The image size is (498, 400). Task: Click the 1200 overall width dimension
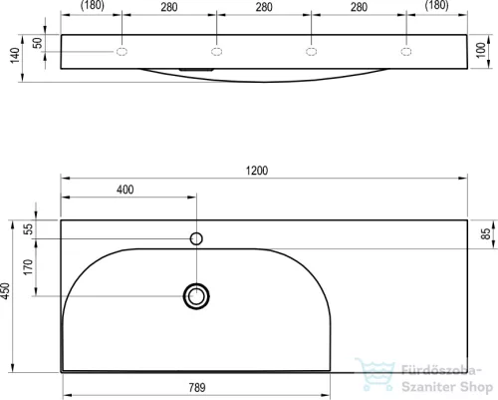pyautogui.click(x=257, y=171)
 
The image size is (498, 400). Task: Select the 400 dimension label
pyautogui.click(x=125, y=190)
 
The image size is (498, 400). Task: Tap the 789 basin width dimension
pyautogui.click(x=197, y=387)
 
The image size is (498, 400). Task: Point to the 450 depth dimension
pyautogui.click(x=6, y=291)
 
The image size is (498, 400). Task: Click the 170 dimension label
pyautogui.click(x=29, y=267)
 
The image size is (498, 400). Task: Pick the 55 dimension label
pyautogui.click(x=29, y=229)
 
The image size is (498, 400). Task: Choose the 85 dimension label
pyautogui.click(x=485, y=233)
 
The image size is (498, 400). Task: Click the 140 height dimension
pyautogui.click(x=15, y=55)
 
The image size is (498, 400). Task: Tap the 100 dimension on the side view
pyautogui.click(x=481, y=50)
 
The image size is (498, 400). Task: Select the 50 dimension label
pyautogui.click(x=38, y=43)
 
